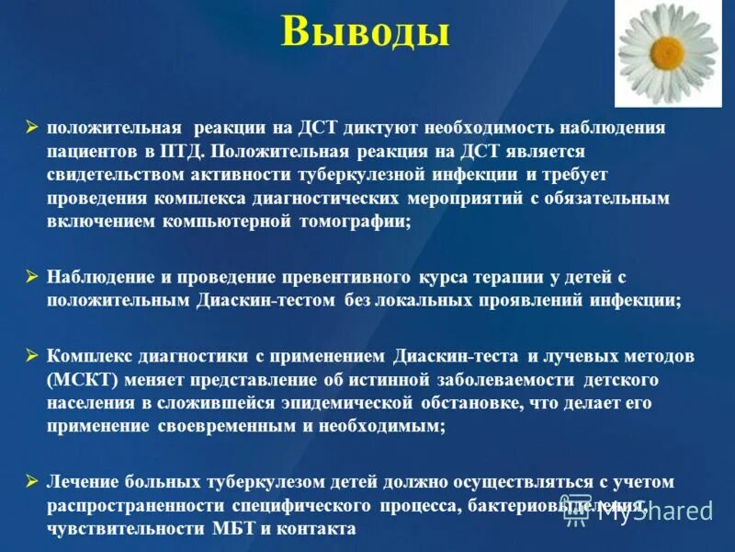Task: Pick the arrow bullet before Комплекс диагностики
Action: click(32, 356)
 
